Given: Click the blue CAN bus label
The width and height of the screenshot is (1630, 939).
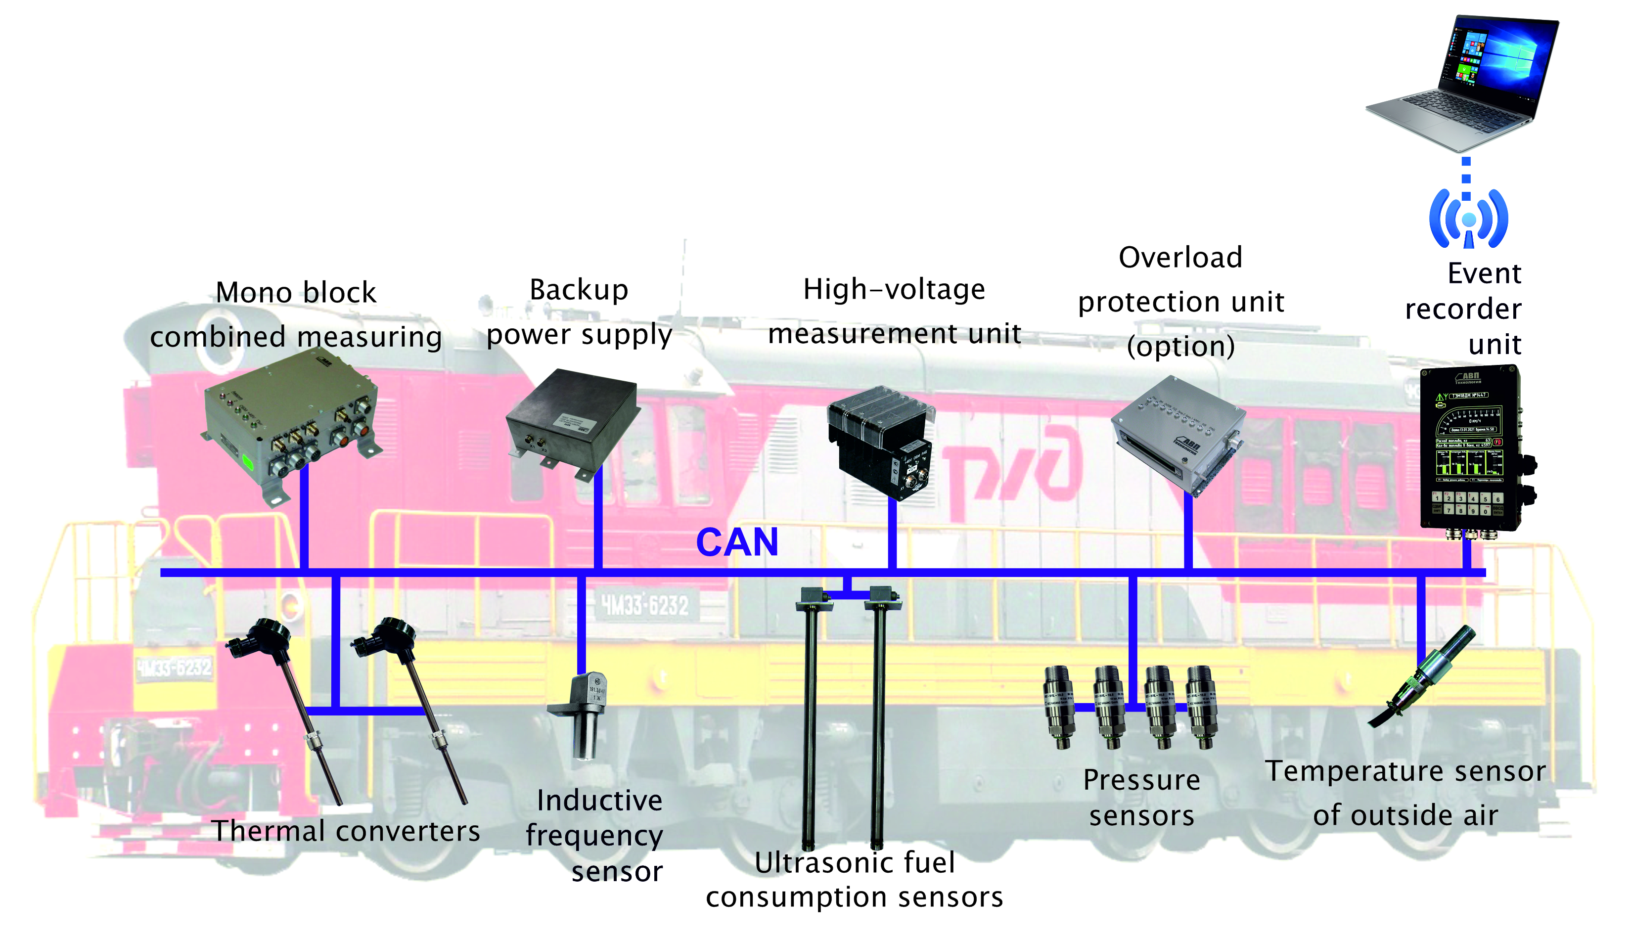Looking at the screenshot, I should tap(737, 542).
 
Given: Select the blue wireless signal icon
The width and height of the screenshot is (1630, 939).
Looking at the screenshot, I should tap(1469, 219).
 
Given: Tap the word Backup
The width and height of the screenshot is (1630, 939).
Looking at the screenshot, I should tap(579, 290).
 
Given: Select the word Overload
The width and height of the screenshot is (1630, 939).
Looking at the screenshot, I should tap(1180, 258).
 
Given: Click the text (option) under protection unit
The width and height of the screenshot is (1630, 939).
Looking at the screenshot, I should tap(1180, 346).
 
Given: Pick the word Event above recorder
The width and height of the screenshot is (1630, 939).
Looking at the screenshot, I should tap(1484, 273).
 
